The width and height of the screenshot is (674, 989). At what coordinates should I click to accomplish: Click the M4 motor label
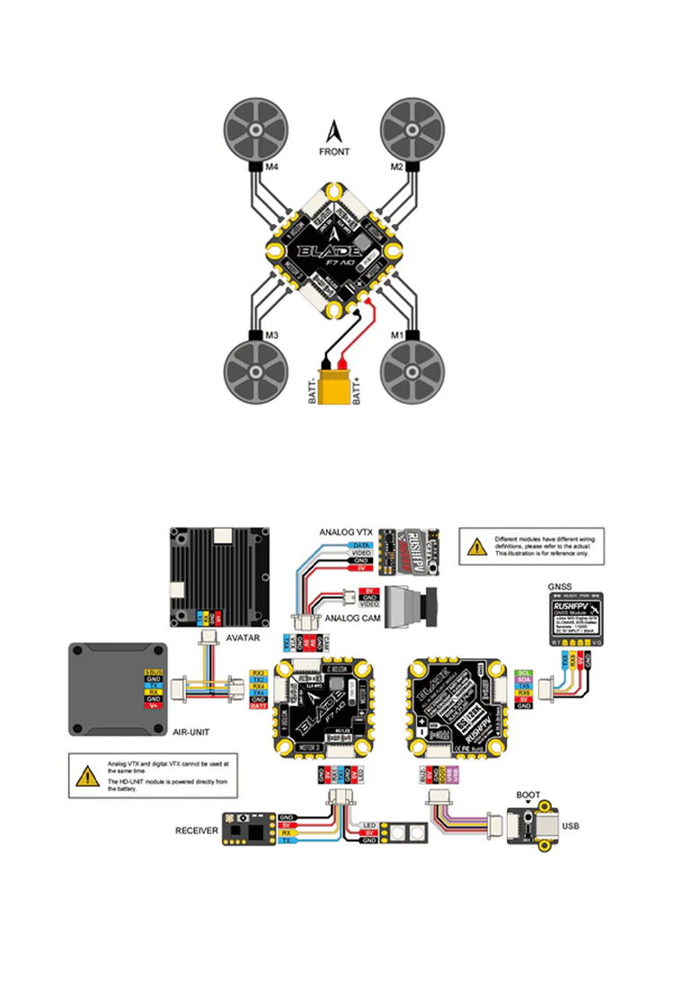point(270,166)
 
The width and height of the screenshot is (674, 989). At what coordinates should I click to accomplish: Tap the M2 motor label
point(396,166)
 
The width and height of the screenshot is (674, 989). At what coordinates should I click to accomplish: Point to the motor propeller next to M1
point(412,370)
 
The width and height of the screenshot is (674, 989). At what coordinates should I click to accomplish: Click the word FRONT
point(334,152)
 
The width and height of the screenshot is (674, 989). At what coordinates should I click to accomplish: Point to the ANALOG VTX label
point(345,531)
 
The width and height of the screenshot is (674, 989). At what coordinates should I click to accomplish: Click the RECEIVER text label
point(196,832)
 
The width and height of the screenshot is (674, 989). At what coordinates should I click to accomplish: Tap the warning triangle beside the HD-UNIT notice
point(87,777)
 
